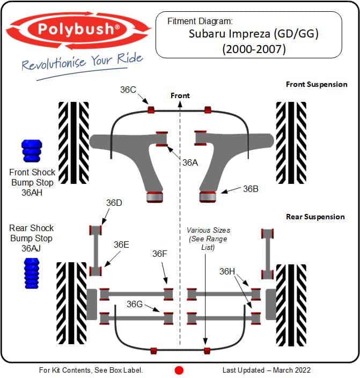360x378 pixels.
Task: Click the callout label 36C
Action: [x=128, y=90]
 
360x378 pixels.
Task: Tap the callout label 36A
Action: [x=189, y=163]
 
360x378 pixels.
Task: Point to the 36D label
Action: [x=114, y=203]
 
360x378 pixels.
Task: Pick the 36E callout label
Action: [x=121, y=244]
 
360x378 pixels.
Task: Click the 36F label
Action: [x=160, y=254]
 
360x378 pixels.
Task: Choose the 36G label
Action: [x=135, y=304]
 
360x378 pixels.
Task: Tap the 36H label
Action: [x=227, y=272]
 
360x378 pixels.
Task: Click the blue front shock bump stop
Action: [x=31, y=152]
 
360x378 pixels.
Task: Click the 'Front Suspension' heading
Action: [x=317, y=84]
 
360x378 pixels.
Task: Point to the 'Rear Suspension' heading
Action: [x=315, y=217]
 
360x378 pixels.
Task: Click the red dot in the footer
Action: [x=179, y=370]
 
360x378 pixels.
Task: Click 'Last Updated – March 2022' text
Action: [x=266, y=370]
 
